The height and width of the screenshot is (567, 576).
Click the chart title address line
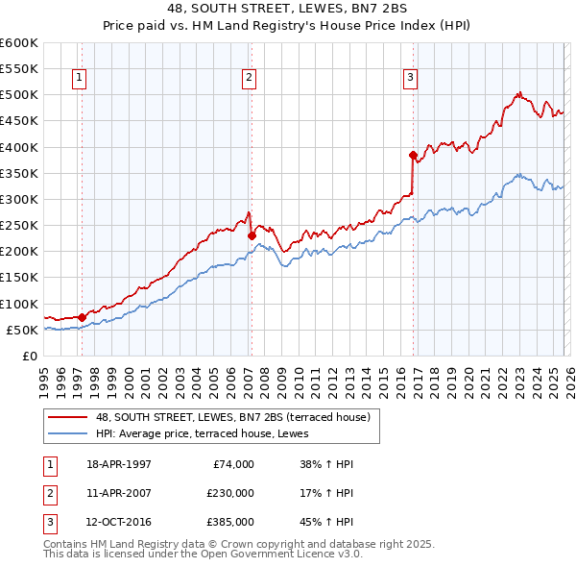287,9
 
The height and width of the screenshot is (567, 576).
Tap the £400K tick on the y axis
18,147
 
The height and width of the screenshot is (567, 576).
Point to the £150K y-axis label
18,278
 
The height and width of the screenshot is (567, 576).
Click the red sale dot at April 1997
82,316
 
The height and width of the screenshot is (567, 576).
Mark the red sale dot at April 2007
252,235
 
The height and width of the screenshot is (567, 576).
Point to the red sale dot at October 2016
413,155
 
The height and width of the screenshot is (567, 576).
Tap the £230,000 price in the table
230,493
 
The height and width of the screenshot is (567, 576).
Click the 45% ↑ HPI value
327,523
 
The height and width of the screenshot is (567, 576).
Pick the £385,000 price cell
230,523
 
